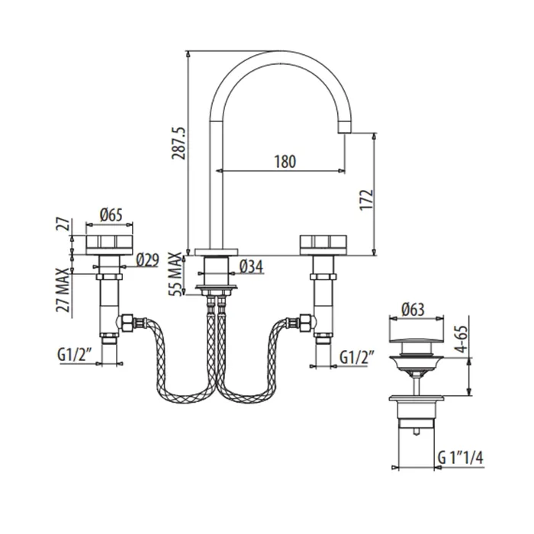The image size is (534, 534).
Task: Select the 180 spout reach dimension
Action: click(285, 161)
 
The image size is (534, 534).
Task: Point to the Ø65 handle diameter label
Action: click(111, 216)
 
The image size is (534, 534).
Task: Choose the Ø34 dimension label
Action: click(252, 266)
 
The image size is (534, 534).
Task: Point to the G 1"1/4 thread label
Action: click(462, 458)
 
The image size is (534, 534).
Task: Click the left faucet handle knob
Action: click(111, 244)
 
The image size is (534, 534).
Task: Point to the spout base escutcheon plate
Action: click(217, 252)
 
